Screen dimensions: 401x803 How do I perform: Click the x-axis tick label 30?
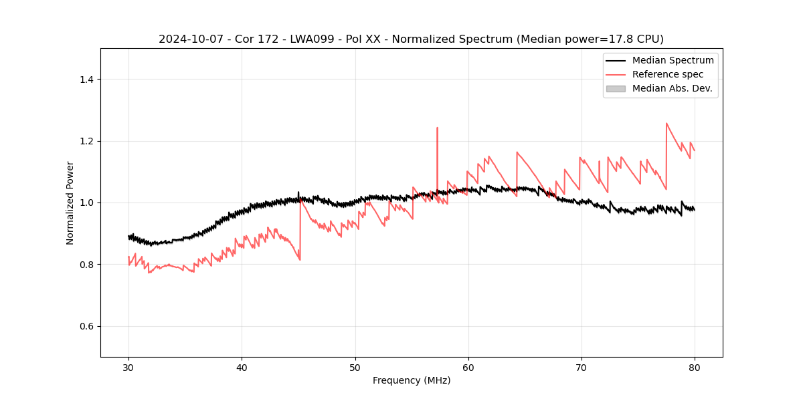pos(128,368)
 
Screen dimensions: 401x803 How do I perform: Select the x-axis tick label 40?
pos(242,368)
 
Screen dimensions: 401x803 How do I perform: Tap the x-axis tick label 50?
pos(355,368)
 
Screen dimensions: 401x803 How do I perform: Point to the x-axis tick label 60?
pos(468,368)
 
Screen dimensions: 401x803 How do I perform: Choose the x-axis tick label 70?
pos(581,368)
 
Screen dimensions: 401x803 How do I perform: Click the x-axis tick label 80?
pos(694,368)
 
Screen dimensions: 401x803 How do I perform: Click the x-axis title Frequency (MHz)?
pos(412,380)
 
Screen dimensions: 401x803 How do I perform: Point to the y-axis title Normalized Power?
pos(70,203)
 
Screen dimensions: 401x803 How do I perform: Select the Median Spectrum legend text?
pos(673,60)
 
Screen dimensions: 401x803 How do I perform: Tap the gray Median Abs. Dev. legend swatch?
pos(616,88)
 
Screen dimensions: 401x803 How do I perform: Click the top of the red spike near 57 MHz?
pos(437,128)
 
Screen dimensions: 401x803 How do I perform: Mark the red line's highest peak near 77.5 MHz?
pos(666,123)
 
